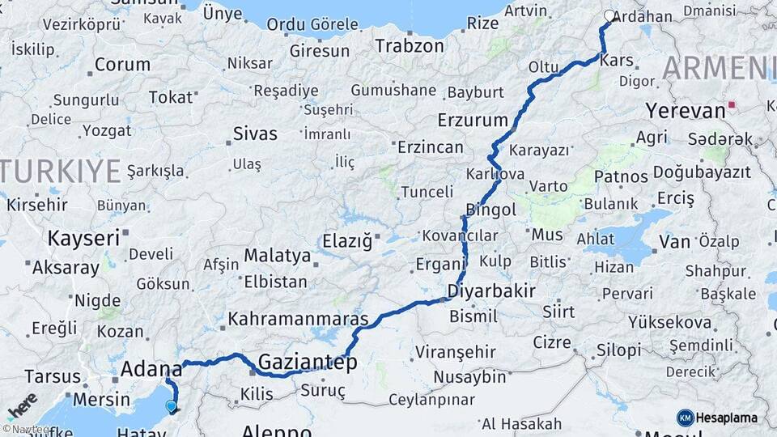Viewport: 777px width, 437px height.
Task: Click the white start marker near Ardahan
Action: [609, 15]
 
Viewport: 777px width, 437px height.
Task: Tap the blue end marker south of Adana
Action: [171, 406]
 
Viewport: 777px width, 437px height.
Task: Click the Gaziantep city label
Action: [308, 362]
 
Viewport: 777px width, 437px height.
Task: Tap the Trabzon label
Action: [409, 46]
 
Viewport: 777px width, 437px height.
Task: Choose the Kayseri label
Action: [83, 238]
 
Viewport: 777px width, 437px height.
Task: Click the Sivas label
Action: [255, 134]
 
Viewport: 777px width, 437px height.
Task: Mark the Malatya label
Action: [278, 256]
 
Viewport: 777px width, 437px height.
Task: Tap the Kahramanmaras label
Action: [298, 319]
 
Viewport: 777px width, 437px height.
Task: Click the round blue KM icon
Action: [685, 418]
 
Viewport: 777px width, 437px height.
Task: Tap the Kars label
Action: [617, 61]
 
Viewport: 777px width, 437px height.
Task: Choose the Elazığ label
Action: [346, 240]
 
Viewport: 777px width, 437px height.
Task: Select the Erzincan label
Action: [431, 147]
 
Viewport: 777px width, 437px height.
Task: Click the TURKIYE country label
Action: [61, 172]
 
